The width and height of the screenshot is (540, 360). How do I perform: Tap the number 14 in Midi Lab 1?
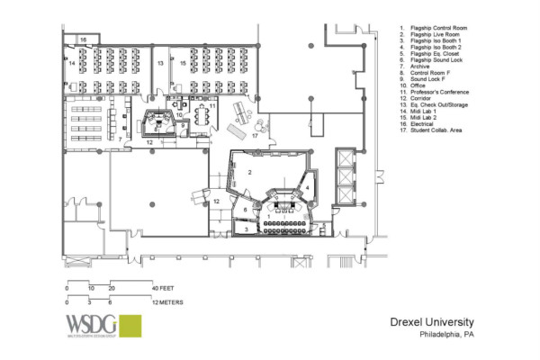tap(71, 65)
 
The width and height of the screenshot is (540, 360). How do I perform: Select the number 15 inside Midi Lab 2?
tap(183, 65)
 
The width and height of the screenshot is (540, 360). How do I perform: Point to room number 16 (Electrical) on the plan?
tap(82, 40)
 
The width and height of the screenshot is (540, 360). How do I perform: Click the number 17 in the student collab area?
tap(255, 137)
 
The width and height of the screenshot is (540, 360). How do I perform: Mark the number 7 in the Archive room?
tap(120, 139)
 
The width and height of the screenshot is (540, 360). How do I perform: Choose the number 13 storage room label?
tap(159, 65)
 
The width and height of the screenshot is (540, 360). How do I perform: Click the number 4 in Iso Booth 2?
tap(307, 187)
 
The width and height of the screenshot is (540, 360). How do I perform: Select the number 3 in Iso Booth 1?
tap(245, 229)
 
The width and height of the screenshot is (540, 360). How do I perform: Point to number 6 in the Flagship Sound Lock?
tap(245, 209)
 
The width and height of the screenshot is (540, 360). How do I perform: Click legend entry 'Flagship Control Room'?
tap(438, 29)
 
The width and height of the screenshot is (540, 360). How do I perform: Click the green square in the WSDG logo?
tap(130, 326)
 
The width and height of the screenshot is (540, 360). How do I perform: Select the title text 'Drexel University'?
tap(431, 322)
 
